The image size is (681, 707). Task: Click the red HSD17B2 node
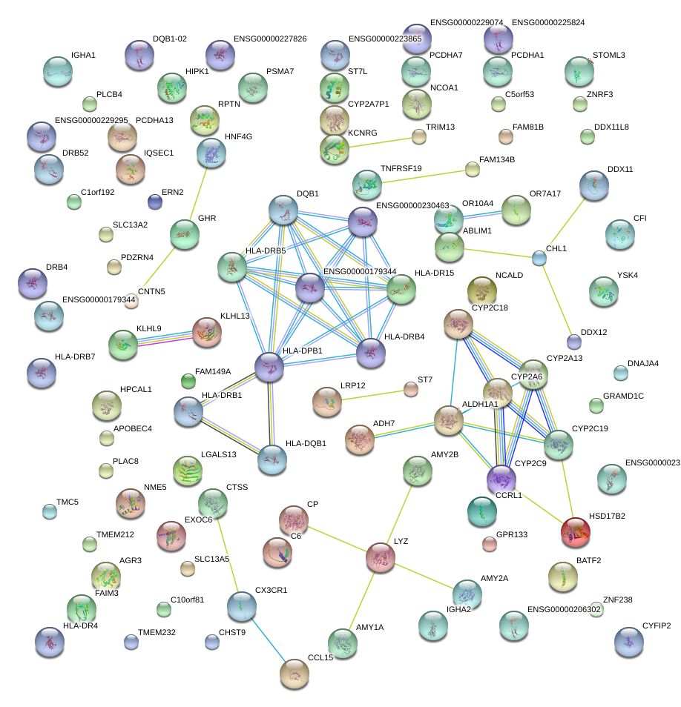[575, 531]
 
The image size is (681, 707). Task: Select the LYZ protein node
[381, 558]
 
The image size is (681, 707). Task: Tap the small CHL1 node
[539, 258]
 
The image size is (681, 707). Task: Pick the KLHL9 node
[123, 344]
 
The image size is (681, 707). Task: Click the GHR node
[185, 234]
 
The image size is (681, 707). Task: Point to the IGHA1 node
[57, 70]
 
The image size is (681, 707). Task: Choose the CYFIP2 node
[629, 642]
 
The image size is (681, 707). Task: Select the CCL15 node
[295, 673]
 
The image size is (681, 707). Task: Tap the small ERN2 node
[154, 201]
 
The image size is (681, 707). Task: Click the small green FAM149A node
[188, 381]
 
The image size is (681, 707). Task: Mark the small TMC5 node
[49, 511]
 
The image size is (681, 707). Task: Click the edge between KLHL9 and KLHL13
[165, 337]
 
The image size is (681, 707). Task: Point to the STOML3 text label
[608, 55]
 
